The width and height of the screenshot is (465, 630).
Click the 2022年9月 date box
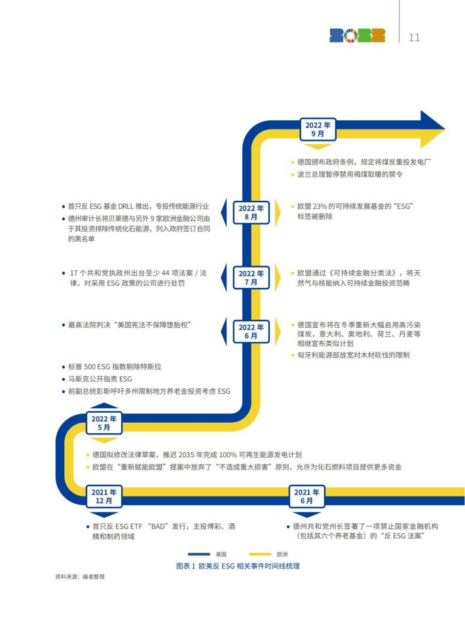318,130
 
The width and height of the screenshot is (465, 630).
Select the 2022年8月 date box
251,212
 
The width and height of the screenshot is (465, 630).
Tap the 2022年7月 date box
251,277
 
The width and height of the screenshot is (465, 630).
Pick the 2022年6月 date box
251,332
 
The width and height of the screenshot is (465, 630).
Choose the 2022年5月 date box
103,423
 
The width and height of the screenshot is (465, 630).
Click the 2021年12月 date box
103,497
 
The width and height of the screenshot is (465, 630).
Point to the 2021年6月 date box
307,497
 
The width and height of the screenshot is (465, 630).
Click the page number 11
415,37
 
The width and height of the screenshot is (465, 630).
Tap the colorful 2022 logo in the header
357,35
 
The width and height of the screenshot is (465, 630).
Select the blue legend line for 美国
199,555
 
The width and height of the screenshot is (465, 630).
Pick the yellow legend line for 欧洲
260,555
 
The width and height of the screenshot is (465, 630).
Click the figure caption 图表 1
185,566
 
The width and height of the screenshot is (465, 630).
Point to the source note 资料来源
64,576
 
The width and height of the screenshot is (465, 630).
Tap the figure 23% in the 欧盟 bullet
320,207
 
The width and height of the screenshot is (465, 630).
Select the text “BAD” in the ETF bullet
158,527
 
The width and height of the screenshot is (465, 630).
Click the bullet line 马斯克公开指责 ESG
100,379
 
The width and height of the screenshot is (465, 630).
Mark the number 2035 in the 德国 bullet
186,455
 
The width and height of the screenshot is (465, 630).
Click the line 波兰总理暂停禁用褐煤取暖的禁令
350,175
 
